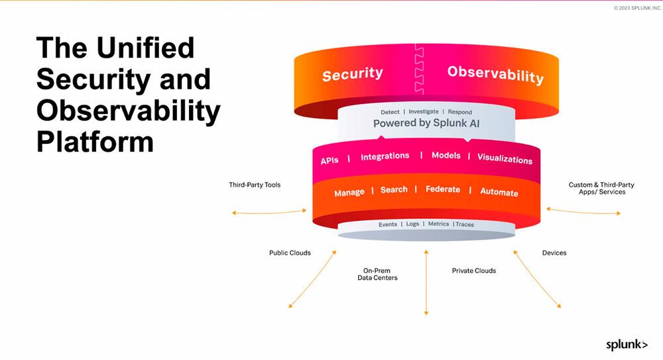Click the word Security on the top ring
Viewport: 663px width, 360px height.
(x=352, y=74)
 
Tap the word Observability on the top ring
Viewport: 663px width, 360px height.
(x=495, y=74)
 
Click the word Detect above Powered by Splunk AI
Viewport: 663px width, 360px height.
(x=390, y=112)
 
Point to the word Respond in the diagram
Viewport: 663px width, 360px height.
(x=460, y=112)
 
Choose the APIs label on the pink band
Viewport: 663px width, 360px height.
(x=330, y=160)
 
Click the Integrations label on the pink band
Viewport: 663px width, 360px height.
(x=385, y=156)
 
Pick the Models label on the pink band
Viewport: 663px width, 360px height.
(x=446, y=156)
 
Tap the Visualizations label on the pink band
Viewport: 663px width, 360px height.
(x=505, y=159)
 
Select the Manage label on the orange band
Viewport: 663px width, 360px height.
(x=349, y=192)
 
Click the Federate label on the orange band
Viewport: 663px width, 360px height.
(x=442, y=190)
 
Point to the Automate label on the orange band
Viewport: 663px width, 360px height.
(x=499, y=192)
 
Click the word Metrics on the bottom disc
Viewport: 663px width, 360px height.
(x=438, y=224)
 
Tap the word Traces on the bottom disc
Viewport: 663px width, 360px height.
(x=465, y=224)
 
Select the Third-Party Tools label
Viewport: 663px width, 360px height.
(x=255, y=185)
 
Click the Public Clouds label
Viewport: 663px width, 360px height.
(x=290, y=253)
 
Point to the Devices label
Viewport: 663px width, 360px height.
(x=554, y=253)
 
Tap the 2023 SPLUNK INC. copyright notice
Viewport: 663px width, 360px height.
(x=637, y=7)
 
